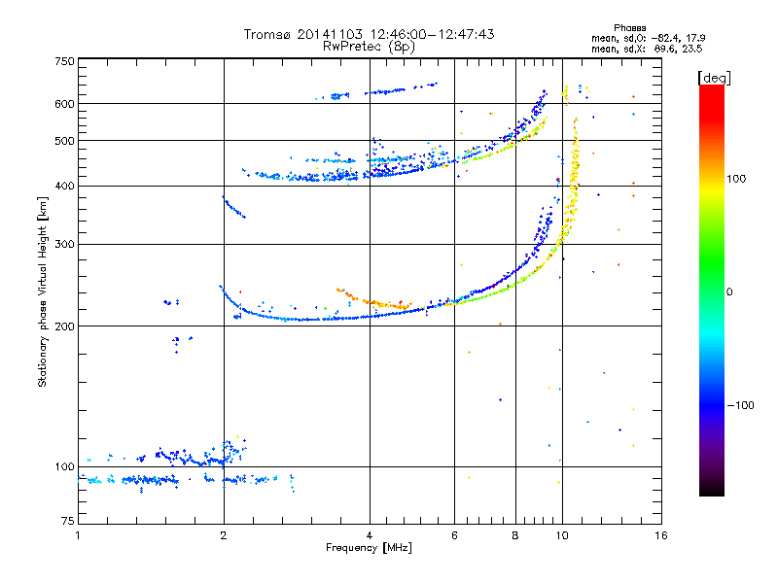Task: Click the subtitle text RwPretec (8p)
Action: pos(369,47)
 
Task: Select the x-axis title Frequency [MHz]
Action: pos(369,548)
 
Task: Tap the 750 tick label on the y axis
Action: pos(64,61)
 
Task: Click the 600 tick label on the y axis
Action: pos(64,104)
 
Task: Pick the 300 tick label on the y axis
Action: pos(64,245)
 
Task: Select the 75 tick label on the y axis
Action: pos(68,521)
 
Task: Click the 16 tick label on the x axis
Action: pos(661,535)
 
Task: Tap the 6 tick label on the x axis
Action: pos(454,535)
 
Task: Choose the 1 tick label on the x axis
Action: pos(78,535)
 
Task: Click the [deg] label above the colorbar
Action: pos(714,79)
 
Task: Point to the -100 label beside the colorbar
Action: pos(740,405)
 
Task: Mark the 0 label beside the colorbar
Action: pos(729,292)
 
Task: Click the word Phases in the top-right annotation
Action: pos(629,28)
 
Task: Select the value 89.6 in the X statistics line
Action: pos(664,50)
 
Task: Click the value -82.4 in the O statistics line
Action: pos(662,38)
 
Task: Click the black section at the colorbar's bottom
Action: pos(712,486)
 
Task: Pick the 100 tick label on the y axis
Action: pos(64,467)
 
